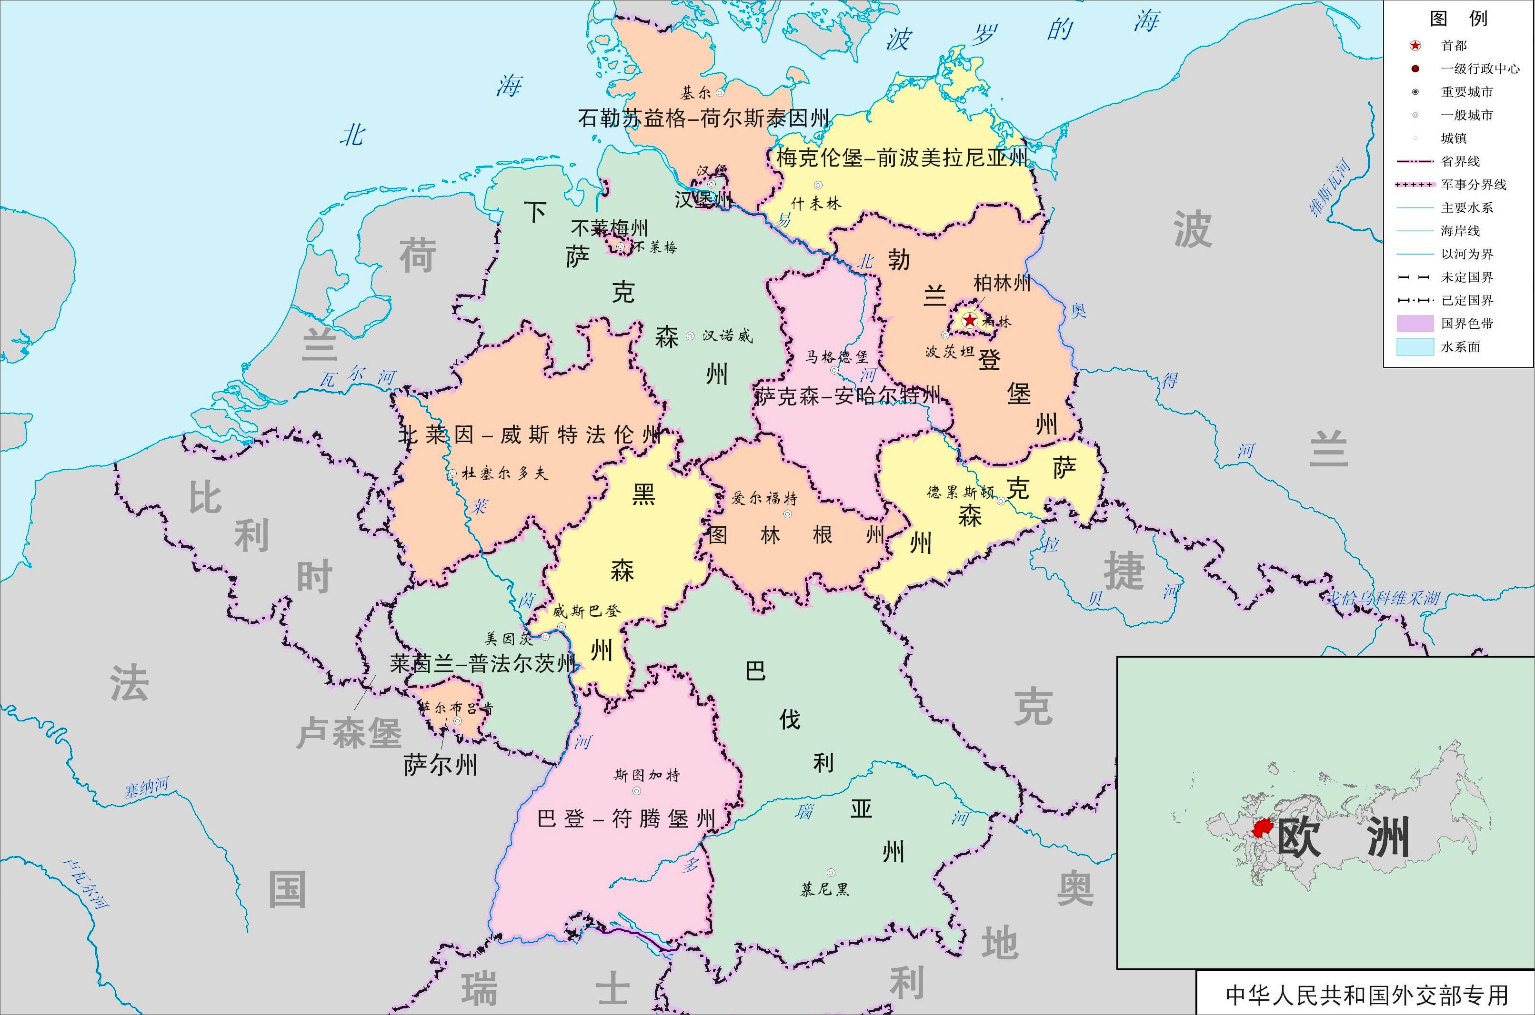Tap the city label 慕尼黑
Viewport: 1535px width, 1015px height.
point(824,889)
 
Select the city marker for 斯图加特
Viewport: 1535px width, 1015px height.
point(637,791)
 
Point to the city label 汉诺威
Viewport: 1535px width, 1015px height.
point(727,336)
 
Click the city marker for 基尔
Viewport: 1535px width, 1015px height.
point(720,93)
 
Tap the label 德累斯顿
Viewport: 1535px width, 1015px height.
point(960,493)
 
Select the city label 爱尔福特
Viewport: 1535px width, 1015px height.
point(764,498)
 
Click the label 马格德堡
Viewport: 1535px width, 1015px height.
point(836,357)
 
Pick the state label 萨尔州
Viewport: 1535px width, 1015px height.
point(441,765)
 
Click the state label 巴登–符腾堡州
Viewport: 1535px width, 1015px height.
point(626,819)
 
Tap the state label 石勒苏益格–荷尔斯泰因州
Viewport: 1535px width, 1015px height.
point(703,118)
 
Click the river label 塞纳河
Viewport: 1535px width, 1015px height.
point(146,788)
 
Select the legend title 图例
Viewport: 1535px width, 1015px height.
point(1459,18)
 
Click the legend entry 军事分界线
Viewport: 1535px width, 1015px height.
point(1474,185)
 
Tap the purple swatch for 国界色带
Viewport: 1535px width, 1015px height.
point(1415,324)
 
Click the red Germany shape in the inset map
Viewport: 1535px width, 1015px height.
point(1262,828)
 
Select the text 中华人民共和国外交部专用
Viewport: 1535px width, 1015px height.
point(1366,995)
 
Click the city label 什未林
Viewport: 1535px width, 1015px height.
point(815,203)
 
